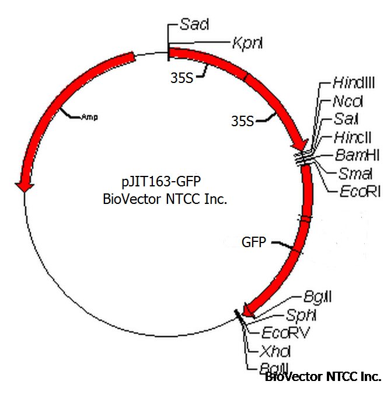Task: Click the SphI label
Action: point(301,316)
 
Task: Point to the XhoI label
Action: point(277,351)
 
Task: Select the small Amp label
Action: point(89,117)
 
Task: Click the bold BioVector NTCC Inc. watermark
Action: point(323,377)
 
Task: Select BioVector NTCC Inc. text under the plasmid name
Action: point(165,199)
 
